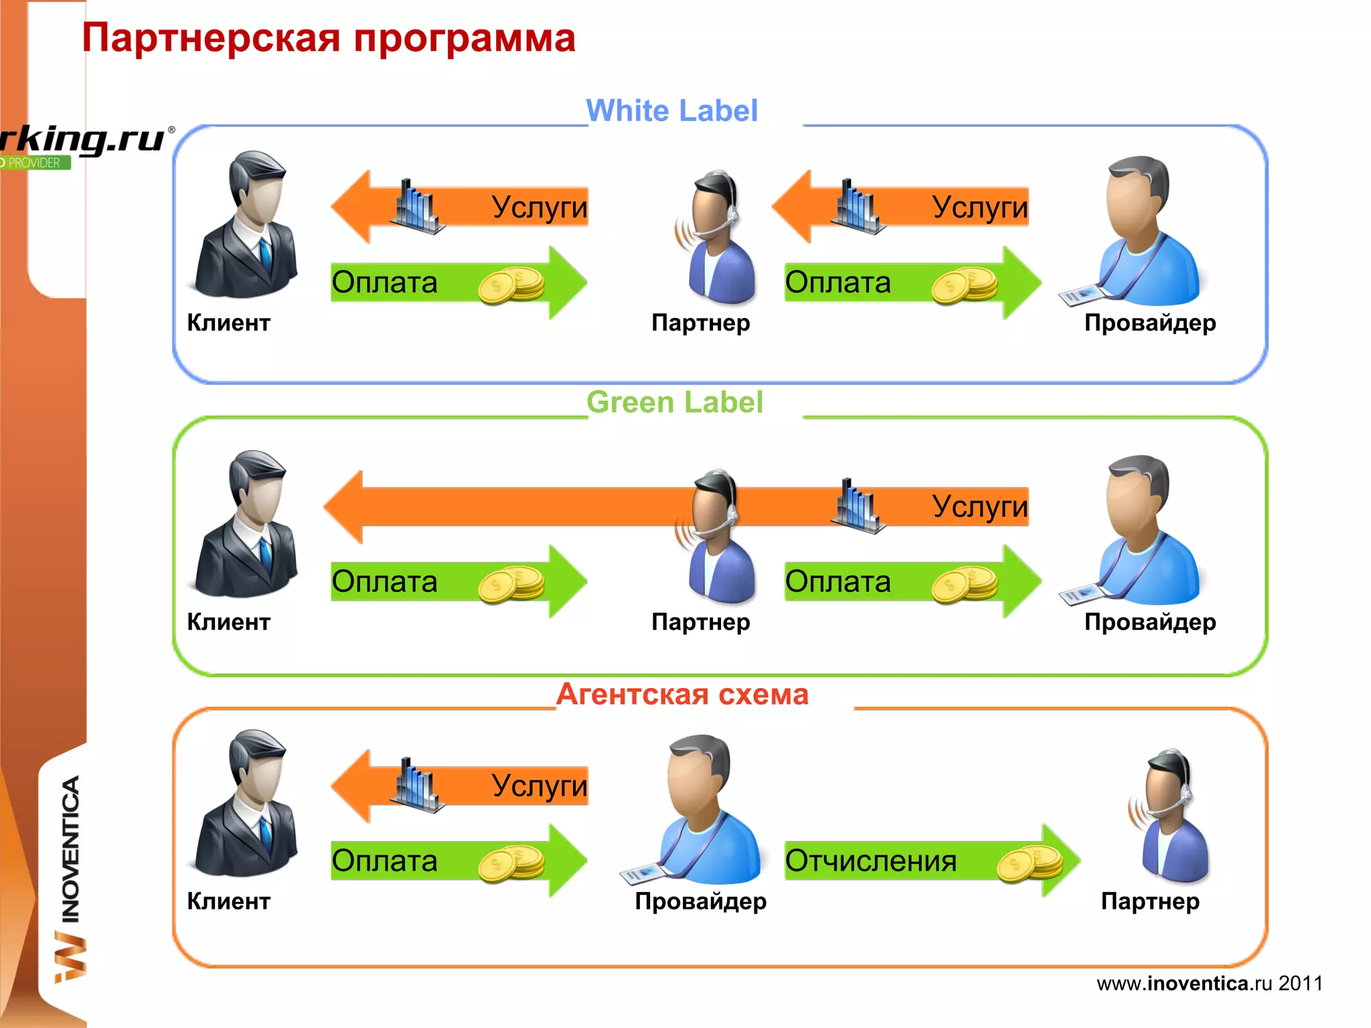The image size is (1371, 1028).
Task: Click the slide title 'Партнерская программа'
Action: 328,38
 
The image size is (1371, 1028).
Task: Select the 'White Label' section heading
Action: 671,111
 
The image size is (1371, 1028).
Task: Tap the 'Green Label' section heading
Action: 674,403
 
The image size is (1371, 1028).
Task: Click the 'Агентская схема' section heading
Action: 682,695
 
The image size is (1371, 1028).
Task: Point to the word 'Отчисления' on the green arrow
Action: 870,861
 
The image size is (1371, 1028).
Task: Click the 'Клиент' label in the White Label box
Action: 228,323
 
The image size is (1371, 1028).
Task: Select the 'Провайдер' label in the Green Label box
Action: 1149,622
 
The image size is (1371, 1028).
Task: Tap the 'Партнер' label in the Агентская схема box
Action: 1149,902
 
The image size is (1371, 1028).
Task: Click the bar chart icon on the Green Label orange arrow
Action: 857,507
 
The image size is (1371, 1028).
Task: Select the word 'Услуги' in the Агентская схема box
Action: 539,786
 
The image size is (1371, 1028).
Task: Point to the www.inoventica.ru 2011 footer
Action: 1209,983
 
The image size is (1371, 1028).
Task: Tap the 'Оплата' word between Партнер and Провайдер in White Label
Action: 837,283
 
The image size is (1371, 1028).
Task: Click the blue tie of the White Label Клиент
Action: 266,254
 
